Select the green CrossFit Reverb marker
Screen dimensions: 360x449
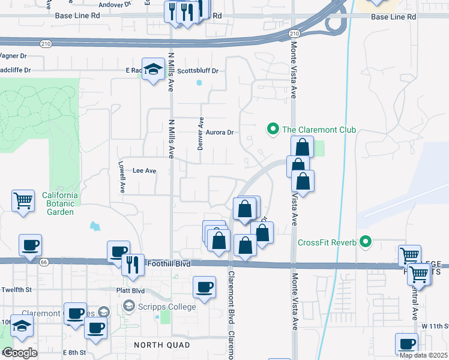point(364,242)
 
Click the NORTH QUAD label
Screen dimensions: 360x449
point(162,345)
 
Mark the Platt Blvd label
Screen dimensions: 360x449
point(130,290)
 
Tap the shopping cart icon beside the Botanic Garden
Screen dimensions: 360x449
point(23,200)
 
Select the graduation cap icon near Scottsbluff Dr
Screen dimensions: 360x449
point(153,68)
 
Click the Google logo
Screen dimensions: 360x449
point(20,353)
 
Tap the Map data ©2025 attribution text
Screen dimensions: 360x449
point(423,355)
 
